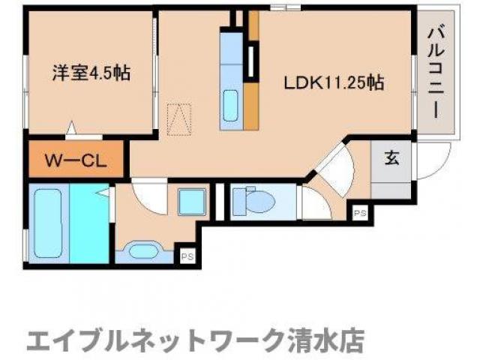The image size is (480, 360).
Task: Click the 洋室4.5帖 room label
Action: point(91,73)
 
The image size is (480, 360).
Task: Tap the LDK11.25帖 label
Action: point(333,82)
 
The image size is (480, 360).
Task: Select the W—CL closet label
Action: point(76,160)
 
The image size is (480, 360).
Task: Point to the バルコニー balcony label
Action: point(436,72)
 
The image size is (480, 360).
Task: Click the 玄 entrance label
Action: point(392,158)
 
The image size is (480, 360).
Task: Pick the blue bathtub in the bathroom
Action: point(50,224)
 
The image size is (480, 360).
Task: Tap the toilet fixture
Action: point(252,202)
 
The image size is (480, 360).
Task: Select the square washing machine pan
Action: point(192,202)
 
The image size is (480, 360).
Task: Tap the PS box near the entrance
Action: point(360,214)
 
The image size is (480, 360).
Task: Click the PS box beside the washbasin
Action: point(187,257)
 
